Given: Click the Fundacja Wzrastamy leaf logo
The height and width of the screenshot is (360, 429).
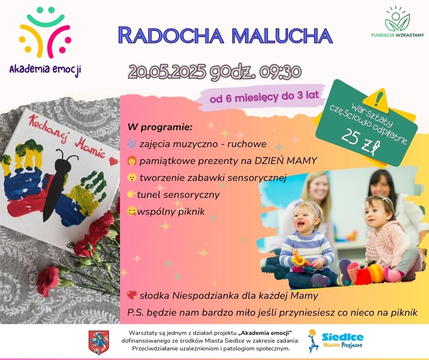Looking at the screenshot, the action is pyautogui.click(x=397, y=18).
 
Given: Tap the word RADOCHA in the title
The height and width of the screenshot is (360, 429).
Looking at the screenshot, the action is pyautogui.click(x=171, y=35).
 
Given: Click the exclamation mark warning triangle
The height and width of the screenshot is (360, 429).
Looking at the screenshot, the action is pyautogui.click(x=377, y=100).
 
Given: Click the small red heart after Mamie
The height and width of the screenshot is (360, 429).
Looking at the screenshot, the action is pyautogui.click(x=113, y=161).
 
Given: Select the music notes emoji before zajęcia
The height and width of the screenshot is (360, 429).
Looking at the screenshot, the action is pyautogui.click(x=132, y=143).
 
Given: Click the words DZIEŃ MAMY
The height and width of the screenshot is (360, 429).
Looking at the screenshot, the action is pyautogui.click(x=286, y=161).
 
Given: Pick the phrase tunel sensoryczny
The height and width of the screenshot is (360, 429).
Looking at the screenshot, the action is pyautogui.click(x=178, y=195).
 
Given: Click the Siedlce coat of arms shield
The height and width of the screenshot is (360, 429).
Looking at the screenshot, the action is pyautogui.click(x=99, y=342).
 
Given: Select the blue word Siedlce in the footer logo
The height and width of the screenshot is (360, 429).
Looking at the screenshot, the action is pyautogui.click(x=343, y=337).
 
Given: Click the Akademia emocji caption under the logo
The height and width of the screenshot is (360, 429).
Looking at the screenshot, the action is pyautogui.click(x=45, y=69).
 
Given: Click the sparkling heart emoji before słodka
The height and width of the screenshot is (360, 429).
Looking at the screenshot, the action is pyautogui.click(x=132, y=295).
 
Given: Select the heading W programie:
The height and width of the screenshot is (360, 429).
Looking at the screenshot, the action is pyautogui.click(x=160, y=127).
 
